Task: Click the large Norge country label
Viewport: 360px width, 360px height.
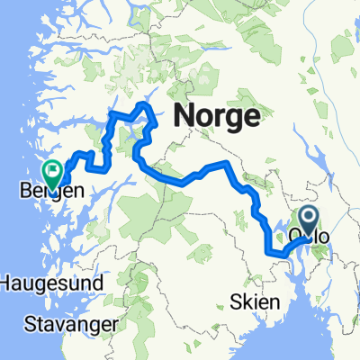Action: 216,116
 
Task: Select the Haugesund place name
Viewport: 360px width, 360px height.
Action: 51,282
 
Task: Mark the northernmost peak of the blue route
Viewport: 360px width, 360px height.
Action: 144,106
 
